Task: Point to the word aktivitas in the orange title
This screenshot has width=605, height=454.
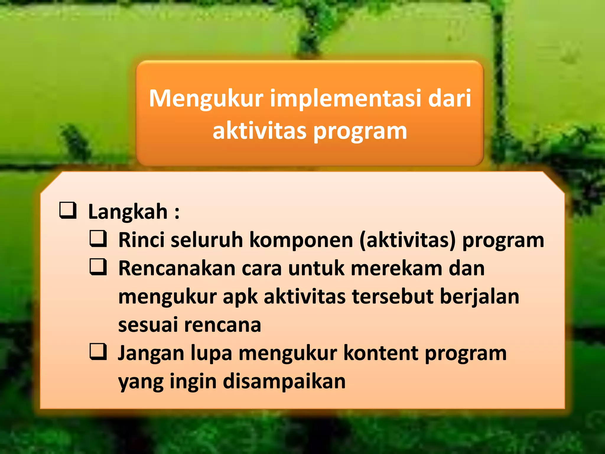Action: (x=259, y=131)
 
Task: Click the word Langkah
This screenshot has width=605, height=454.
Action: (x=128, y=212)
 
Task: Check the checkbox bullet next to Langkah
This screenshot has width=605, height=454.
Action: (x=68, y=210)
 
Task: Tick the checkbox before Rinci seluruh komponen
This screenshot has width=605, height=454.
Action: (x=98, y=239)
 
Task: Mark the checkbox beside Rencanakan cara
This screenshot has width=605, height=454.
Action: (x=98, y=267)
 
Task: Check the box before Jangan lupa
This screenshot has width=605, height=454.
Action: (x=98, y=352)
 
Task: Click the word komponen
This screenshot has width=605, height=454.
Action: (x=301, y=240)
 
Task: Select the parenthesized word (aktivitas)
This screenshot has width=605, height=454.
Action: (x=408, y=240)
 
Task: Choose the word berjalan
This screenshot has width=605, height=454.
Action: (x=479, y=297)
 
